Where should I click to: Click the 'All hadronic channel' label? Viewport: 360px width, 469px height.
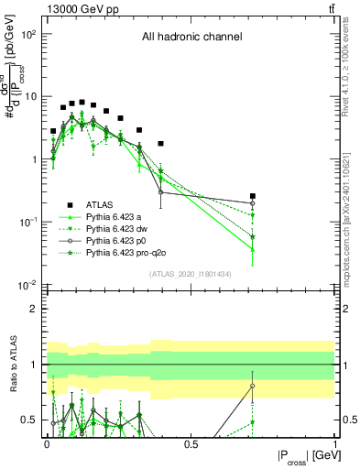pyautogui.click(x=191, y=38)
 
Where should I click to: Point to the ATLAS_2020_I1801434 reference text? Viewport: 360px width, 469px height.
pyautogui.click(x=191, y=274)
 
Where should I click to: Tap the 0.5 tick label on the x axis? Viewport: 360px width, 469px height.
pyautogui.click(x=191, y=443)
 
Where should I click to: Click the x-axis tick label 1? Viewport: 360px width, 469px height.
pyautogui.click(x=335, y=443)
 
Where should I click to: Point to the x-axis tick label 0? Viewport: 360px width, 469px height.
pyautogui.click(x=46, y=443)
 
